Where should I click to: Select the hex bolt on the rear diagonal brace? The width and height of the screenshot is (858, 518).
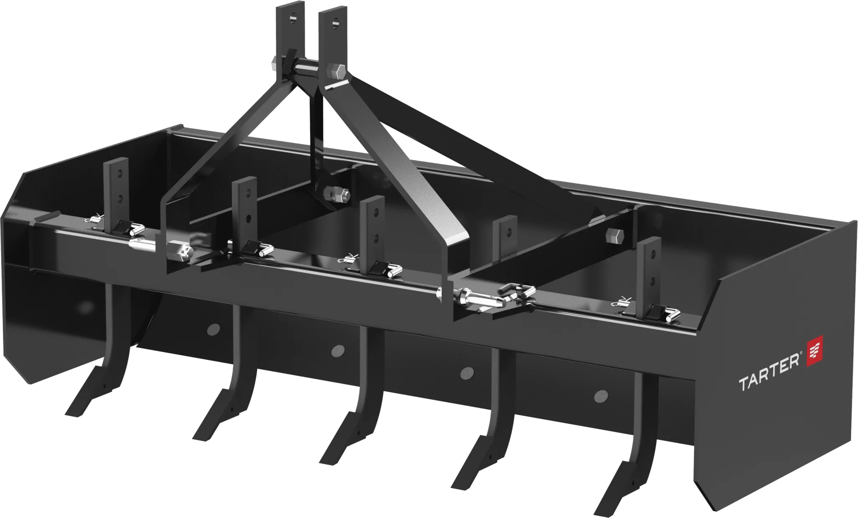tap(611, 236)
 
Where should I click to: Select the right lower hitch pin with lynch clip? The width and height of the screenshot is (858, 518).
tap(481, 298)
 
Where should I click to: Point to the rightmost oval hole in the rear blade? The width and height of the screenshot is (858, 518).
tap(601, 394)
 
